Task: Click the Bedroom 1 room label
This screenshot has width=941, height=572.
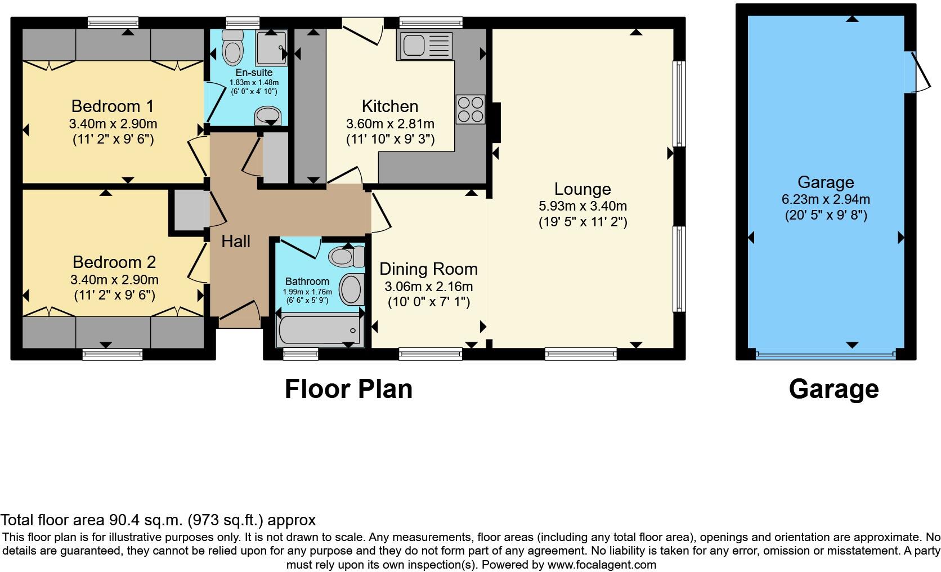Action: pos(113,106)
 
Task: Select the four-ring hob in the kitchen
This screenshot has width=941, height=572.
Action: pos(470,109)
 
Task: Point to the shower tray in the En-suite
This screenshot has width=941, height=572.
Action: pos(272,48)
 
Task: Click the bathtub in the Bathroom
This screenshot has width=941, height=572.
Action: pos(319,330)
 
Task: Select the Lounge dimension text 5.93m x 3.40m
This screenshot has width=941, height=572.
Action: pos(582,206)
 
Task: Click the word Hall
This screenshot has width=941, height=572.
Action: pos(235,242)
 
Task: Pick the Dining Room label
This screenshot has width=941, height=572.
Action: pos(428,269)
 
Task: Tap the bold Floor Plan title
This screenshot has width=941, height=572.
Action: pos(348,389)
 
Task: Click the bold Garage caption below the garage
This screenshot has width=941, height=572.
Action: pos(834,389)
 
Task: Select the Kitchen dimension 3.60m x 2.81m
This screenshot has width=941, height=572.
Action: pos(390,123)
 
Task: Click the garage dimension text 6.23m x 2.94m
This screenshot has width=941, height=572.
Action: pos(826,199)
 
